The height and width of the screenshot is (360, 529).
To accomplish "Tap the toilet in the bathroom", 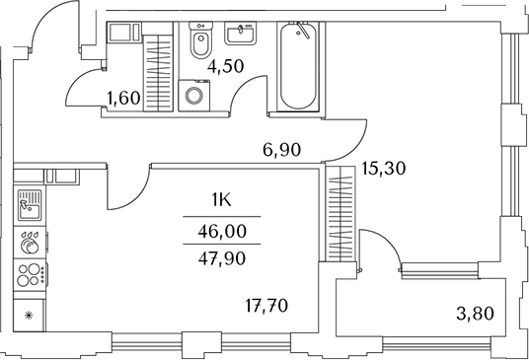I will [x=200, y=43].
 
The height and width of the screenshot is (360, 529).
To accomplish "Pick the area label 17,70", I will [x=265, y=306].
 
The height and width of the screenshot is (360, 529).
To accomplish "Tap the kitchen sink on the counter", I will [x=30, y=205].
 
